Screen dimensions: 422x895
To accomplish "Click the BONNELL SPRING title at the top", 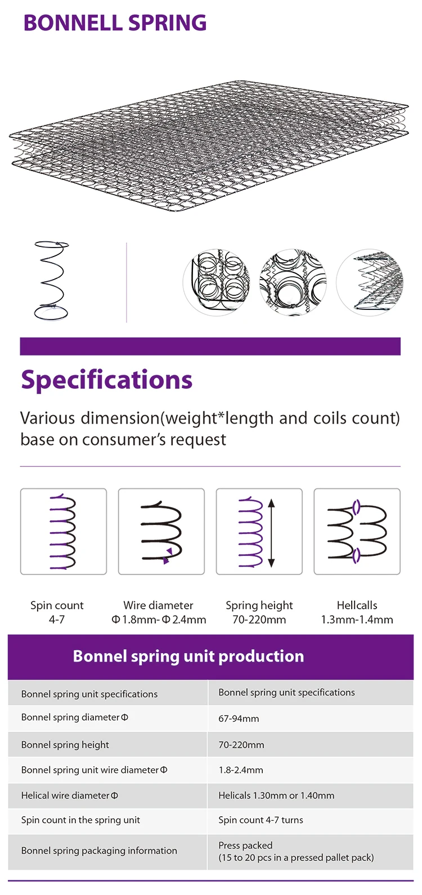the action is click(115, 23).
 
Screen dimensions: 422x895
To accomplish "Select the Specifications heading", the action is click(107, 380).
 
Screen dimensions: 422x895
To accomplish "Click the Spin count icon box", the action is click(64, 531).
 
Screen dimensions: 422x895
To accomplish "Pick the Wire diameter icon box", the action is click(161, 531).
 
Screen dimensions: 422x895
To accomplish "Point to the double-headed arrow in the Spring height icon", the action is click(271, 532).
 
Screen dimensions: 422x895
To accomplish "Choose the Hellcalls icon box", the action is click(357, 531).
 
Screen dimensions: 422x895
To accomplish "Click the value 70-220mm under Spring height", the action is click(259, 619).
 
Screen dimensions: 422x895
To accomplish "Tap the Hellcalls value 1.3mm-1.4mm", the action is click(357, 619).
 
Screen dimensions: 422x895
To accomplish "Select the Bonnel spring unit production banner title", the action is click(188, 656).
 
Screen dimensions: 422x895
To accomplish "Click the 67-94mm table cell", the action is click(239, 718).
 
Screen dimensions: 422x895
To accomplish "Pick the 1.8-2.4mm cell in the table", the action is click(241, 770).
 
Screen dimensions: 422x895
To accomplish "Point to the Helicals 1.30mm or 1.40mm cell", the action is click(276, 795).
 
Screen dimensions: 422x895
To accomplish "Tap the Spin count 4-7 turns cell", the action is click(261, 820).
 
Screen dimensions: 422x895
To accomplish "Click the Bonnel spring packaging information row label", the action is click(99, 851).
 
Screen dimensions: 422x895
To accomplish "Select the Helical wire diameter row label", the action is click(70, 795).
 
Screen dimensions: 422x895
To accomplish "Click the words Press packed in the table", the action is click(245, 845).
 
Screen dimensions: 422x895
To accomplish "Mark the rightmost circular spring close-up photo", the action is click(370, 282).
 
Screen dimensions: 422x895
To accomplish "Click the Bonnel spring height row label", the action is click(65, 745).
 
